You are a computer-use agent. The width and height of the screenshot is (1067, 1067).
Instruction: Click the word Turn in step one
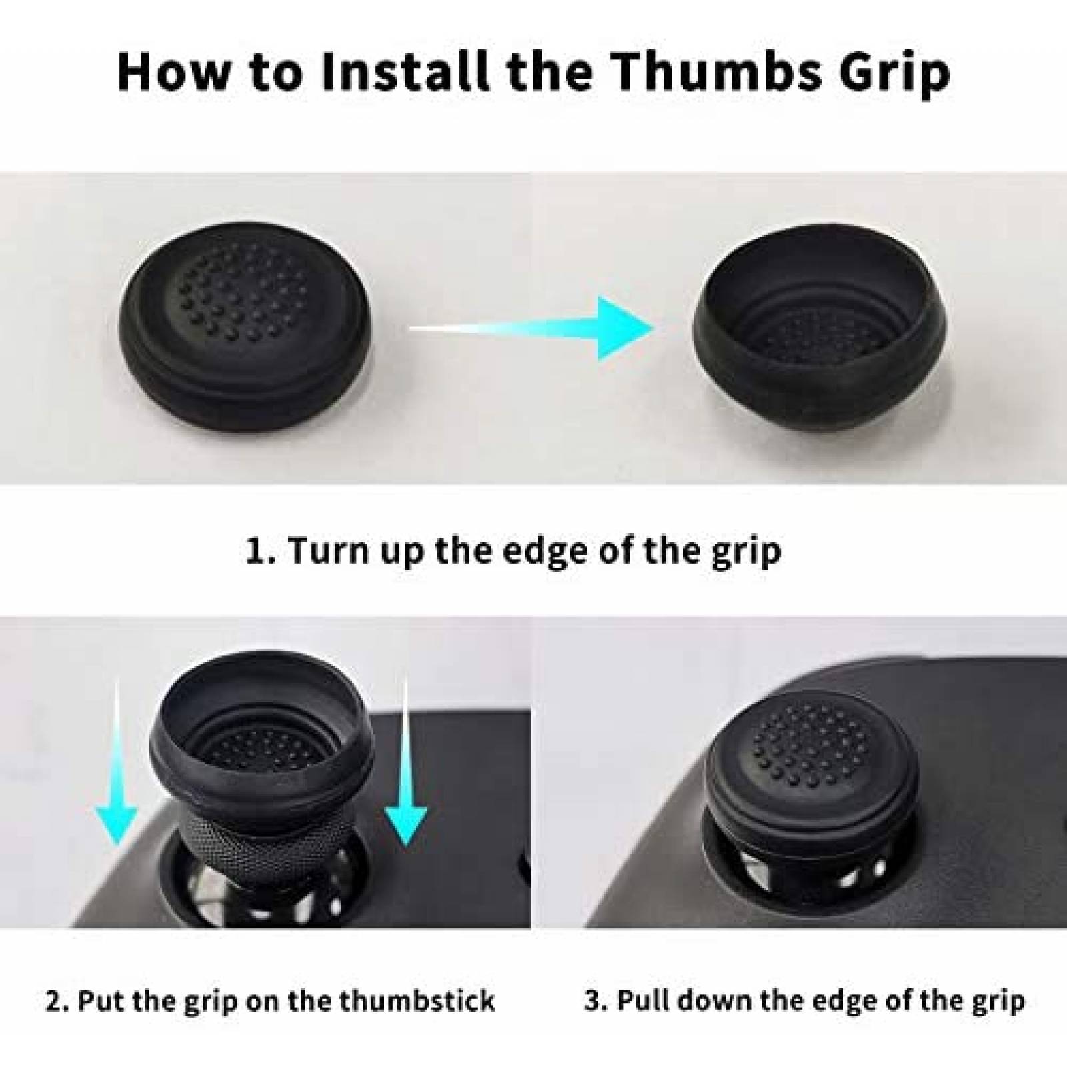[x=325, y=551]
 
